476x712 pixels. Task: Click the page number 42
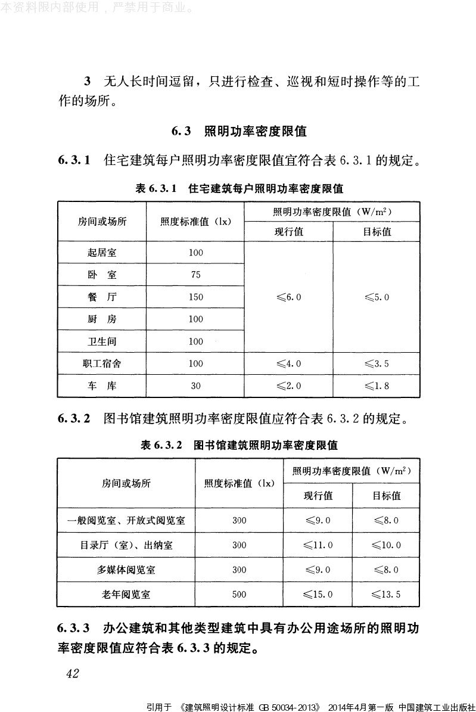click(72, 673)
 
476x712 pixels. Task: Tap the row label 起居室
click(102, 253)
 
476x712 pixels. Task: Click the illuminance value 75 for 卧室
click(196, 275)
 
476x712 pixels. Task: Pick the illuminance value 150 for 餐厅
click(196, 297)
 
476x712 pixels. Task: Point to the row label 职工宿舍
click(102, 363)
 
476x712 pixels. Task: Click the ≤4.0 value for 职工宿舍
click(289, 363)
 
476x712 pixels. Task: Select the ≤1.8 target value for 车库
click(377, 385)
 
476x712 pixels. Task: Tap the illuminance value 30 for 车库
click(196, 385)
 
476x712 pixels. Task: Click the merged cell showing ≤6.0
click(289, 297)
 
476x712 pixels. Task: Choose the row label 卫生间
click(102, 341)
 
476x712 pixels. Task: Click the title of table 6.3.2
click(239, 445)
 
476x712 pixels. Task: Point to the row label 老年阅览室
click(126, 594)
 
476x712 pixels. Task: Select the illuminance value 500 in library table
click(239, 594)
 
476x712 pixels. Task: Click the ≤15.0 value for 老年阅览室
click(318, 594)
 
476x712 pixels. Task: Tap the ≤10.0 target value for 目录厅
click(386, 545)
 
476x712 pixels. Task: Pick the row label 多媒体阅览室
click(126, 570)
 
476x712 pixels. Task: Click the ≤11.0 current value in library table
click(318, 545)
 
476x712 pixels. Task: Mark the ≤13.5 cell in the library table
click(386, 594)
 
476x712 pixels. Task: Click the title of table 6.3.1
click(239, 189)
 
